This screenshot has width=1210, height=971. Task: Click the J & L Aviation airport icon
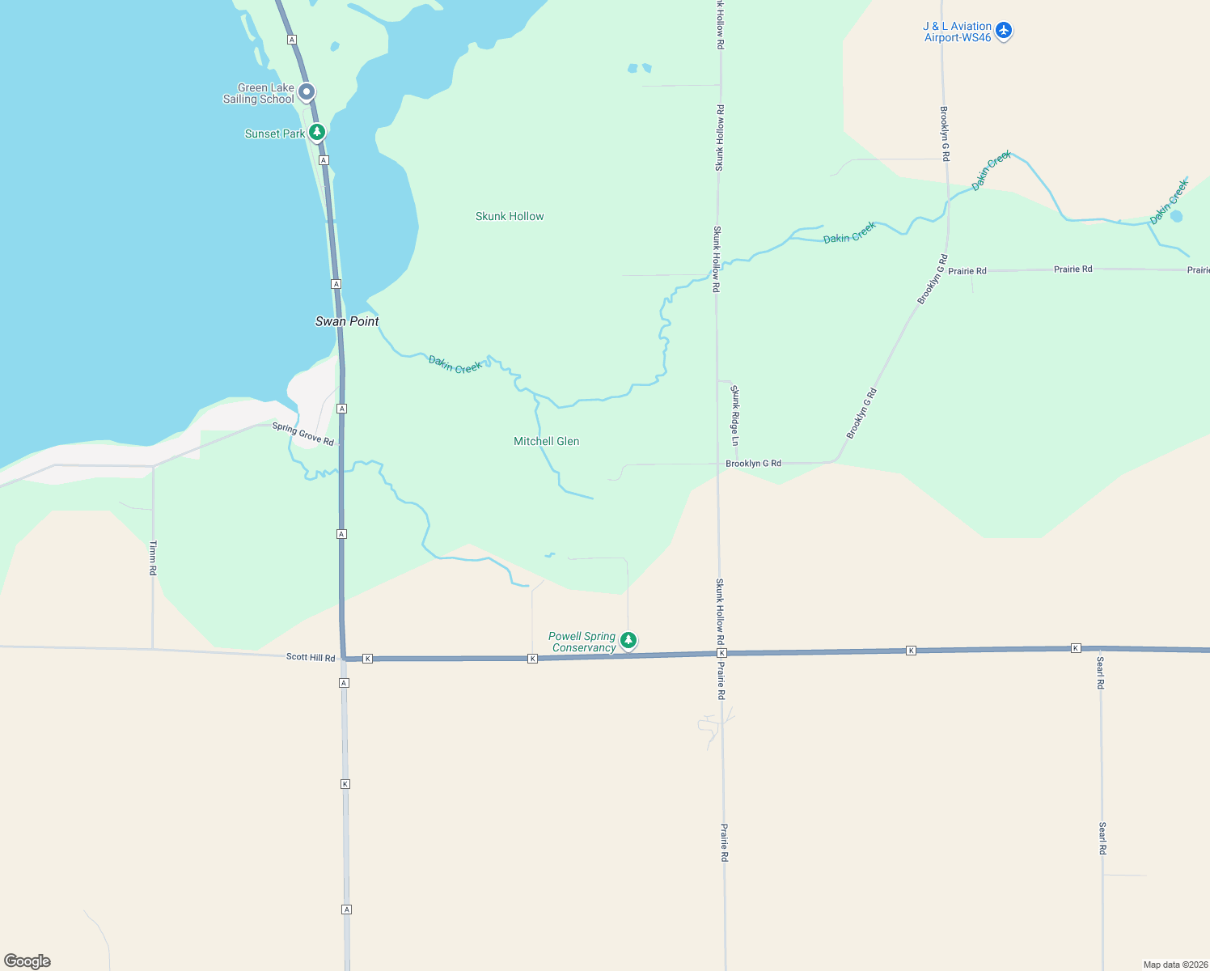coord(1004,31)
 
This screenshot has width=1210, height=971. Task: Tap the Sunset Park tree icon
coord(317,132)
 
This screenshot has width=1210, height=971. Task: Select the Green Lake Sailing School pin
coord(307,92)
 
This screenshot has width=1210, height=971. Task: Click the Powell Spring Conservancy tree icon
coord(628,641)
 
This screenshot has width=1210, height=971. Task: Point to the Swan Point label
coord(347,321)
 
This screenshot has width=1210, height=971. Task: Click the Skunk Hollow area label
coord(510,216)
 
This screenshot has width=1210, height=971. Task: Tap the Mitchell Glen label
coord(547,441)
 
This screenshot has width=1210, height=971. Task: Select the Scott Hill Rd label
coord(311,657)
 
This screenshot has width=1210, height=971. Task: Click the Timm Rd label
coord(153,558)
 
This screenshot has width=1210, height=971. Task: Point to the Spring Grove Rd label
coord(303,434)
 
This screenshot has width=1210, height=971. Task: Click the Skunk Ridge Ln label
coord(735,415)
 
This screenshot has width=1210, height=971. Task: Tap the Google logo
coord(27,961)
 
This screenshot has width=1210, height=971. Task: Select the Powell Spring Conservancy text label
coord(582,642)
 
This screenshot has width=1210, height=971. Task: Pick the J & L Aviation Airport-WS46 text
coord(958,32)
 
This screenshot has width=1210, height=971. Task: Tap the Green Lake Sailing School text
coord(259,93)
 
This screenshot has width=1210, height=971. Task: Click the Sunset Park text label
coord(275,134)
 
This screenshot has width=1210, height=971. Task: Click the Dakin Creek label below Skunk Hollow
coord(455,365)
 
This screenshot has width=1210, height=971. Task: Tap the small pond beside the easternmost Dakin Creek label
coord(1176,216)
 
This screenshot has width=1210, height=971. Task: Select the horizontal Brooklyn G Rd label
coord(753,464)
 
